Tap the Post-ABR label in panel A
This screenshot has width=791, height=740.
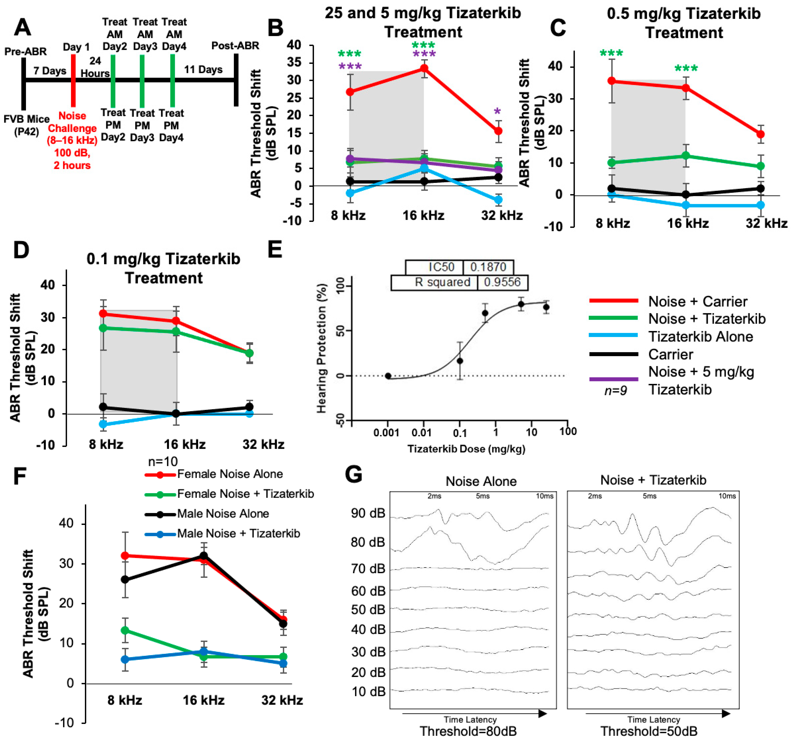[x=235, y=46]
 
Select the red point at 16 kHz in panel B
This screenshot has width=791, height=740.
[x=424, y=68]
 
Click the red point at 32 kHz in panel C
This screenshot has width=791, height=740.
[x=760, y=134]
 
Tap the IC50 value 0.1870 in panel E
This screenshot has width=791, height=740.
[x=488, y=267]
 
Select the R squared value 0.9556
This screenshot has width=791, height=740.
[x=502, y=282]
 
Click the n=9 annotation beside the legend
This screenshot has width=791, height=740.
[x=616, y=390]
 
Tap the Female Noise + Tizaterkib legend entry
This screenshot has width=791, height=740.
[x=245, y=494]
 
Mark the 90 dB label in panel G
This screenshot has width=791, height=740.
[x=368, y=513]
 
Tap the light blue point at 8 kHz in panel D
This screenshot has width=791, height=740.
[x=103, y=424]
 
